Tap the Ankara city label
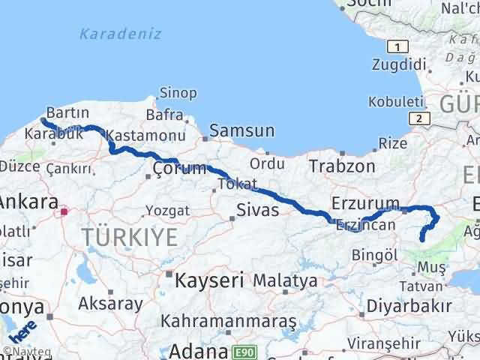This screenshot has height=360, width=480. click(x=28, y=202)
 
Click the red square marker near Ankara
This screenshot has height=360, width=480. click(x=64, y=211)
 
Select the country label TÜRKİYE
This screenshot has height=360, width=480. click(x=130, y=238)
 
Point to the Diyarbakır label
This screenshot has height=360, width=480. click(x=409, y=306)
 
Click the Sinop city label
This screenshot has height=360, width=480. click(x=178, y=93)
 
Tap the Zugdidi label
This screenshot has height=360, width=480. click(x=392, y=63)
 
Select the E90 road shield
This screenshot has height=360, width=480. click(x=243, y=350)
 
